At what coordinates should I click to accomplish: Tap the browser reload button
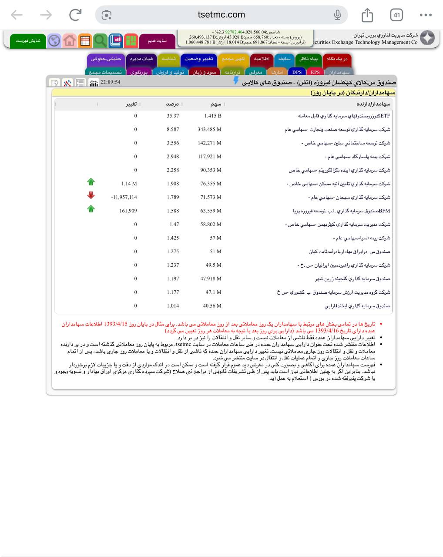click(75, 15)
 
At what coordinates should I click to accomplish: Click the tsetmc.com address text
click(221, 15)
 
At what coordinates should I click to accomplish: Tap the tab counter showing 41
click(396, 15)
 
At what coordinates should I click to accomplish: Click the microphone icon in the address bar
click(337, 15)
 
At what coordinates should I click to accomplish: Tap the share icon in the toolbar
click(367, 15)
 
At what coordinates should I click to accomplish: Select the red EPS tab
click(315, 72)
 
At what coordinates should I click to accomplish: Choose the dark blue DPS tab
click(297, 72)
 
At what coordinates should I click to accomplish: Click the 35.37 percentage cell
click(173, 116)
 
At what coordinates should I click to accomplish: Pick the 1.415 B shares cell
click(213, 116)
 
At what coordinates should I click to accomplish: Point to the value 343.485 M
click(209, 129)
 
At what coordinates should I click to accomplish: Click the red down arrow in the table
click(91, 195)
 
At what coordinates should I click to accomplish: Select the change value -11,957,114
click(124, 197)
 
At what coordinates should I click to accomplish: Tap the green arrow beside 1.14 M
click(91, 182)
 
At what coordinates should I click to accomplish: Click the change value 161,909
click(128, 211)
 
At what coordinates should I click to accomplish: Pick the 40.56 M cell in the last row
click(212, 306)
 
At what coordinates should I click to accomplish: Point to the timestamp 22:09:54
click(110, 82)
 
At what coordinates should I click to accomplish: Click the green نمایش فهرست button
click(28, 40)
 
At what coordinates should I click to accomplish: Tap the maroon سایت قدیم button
click(157, 40)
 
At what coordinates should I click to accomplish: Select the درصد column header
click(172, 104)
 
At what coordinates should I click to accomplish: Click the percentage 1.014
click(173, 306)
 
